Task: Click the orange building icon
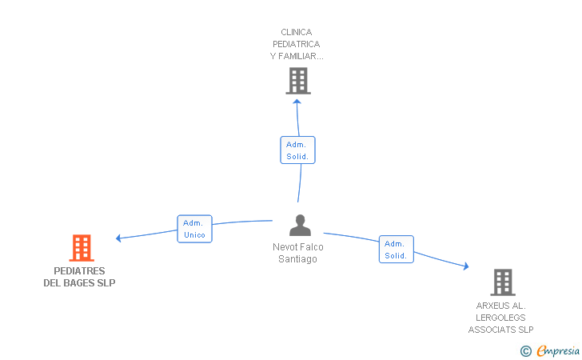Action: (82, 248)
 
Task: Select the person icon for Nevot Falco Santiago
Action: (300, 226)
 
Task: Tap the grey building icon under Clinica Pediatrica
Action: (298, 81)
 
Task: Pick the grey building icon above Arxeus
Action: (503, 282)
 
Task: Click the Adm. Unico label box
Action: (194, 229)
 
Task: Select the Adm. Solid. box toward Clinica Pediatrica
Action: (297, 150)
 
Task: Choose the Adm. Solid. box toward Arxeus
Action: (396, 250)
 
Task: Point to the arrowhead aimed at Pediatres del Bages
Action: (118, 238)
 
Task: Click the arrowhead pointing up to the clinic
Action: (297, 102)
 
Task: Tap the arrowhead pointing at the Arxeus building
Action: (466, 266)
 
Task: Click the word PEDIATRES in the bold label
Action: (79, 271)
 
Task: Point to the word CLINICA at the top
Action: (296, 32)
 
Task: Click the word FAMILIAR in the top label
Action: (301, 56)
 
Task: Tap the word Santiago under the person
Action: (297, 259)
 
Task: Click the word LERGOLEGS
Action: (500, 318)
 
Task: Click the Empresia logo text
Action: (558, 350)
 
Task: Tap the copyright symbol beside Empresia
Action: (526, 351)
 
